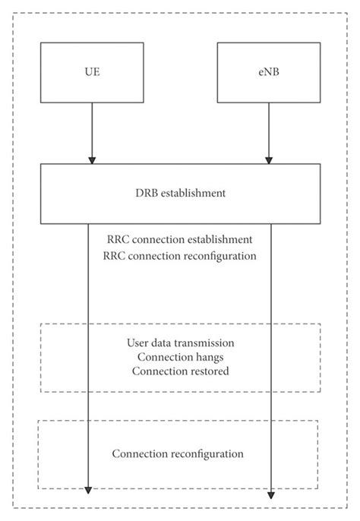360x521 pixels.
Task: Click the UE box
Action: [x=92, y=72]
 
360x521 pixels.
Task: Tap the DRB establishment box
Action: [x=179, y=193]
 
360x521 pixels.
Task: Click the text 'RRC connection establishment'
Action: [x=179, y=239]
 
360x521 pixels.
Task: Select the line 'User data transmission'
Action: [x=180, y=343]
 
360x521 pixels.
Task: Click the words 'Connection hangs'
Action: [x=180, y=357]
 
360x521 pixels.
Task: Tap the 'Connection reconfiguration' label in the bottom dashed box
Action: [x=178, y=454]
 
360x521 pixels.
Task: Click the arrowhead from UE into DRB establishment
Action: [x=92, y=159]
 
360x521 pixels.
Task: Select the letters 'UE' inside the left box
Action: [x=92, y=72]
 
